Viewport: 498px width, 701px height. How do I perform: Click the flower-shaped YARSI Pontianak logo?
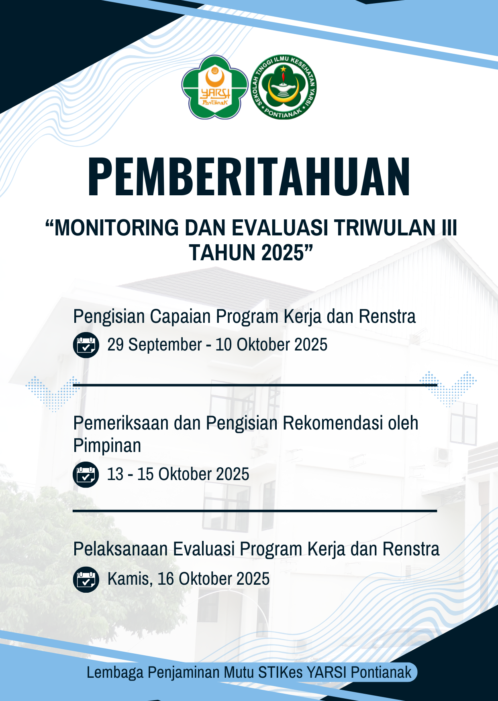[214, 87]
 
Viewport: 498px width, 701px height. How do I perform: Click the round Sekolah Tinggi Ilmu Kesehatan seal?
[284, 87]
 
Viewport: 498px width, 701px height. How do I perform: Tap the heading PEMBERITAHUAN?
[249, 176]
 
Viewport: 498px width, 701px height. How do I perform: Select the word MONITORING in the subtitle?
[117, 228]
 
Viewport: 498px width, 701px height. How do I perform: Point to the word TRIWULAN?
[385, 228]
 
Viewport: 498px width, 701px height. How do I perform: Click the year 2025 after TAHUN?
[283, 253]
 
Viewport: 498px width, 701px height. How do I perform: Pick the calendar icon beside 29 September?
[86, 345]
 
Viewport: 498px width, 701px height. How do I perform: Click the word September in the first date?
[165, 345]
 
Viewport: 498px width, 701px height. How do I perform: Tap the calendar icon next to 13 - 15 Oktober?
[86, 474]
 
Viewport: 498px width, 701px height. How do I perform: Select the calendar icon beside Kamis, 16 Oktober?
[86, 579]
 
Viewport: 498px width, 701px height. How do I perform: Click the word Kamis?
[130, 579]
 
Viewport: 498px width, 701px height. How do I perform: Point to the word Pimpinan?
[107, 446]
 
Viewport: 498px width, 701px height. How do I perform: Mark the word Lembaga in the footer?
[115, 672]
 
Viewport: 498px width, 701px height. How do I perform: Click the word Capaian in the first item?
[180, 317]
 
